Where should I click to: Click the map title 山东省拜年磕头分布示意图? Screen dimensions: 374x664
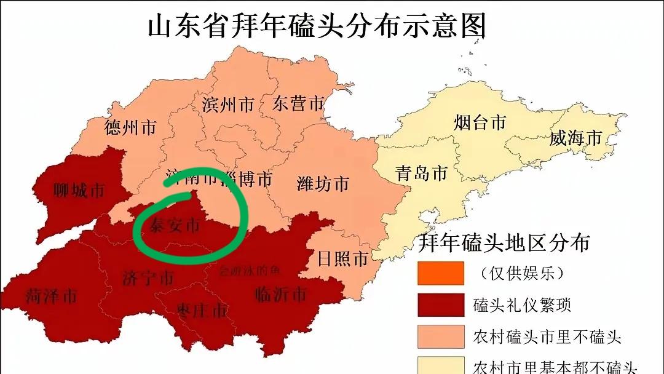click(317, 26)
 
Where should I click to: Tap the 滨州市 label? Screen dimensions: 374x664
click(228, 104)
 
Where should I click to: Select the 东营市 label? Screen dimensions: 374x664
click(298, 103)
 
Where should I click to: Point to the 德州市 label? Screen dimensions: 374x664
click(130, 127)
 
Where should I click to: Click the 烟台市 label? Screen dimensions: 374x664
click(480, 122)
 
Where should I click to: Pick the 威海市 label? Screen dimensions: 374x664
click(575, 138)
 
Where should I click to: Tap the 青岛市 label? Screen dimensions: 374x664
click(421, 173)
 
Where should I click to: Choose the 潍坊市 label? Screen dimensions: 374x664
click(323, 183)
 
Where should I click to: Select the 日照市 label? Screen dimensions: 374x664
click(342, 258)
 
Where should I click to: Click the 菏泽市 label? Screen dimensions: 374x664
click(52, 296)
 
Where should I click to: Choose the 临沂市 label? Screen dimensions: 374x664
click(280, 295)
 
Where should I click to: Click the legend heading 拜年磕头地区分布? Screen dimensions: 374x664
click(504, 242)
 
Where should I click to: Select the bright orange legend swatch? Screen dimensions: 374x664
click(440, 273)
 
